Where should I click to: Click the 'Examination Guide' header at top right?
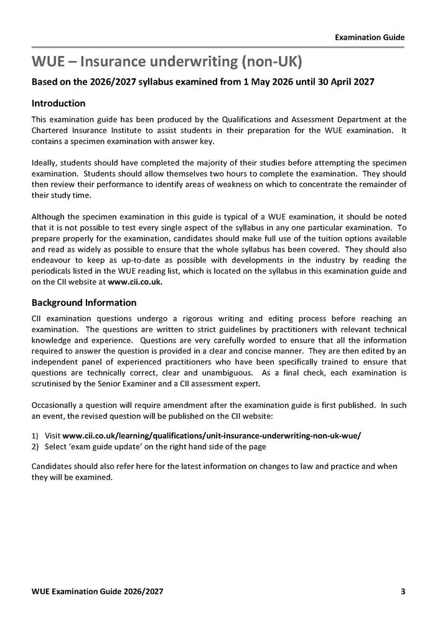[x=370, y=37]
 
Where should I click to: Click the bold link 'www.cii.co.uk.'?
[x=135, y=282]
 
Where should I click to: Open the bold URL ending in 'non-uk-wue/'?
[x=212, y=436]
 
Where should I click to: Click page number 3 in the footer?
[x=403, y=592]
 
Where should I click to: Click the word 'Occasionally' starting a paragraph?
[x=54, y=405]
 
